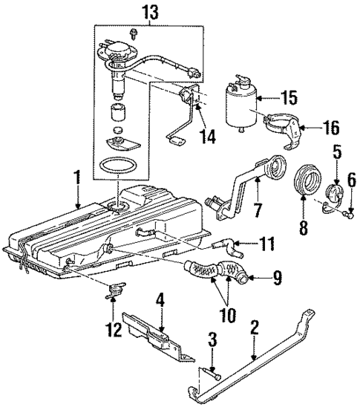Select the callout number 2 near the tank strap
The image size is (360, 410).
pos(255,326)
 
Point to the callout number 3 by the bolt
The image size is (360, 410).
pos(212,342)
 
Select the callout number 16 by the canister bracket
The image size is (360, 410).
pos(331,128)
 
